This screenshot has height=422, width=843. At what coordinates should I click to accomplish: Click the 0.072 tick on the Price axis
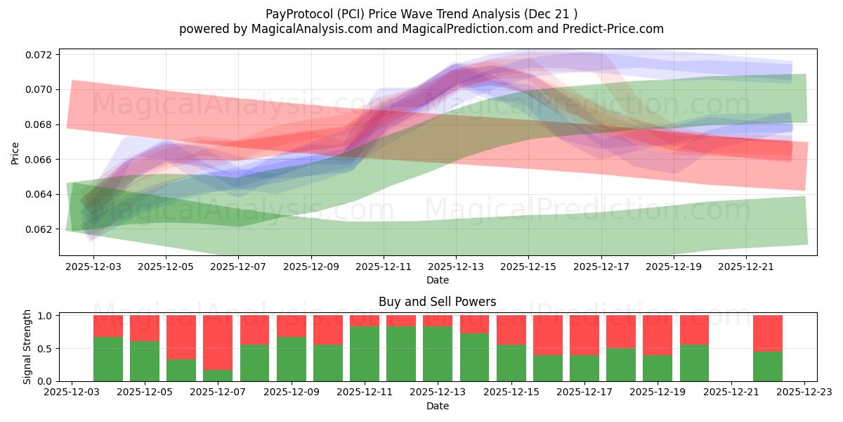(x=41, y=55)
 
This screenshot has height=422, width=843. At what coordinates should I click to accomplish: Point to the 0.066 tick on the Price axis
(x=41, y=160)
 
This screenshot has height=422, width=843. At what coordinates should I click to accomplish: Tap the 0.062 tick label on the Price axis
(x=41, y=229)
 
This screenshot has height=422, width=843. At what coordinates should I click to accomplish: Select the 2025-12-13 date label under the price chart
(x=456, y=267)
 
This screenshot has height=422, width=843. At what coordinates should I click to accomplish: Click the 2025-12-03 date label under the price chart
(x=94, y=267)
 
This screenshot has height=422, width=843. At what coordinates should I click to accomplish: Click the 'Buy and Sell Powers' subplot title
(x=437, y=302)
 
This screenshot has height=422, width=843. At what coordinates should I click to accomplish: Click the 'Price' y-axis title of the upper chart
(x=16, y=153)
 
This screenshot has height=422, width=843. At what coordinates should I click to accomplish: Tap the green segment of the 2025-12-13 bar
(x=437, y=354)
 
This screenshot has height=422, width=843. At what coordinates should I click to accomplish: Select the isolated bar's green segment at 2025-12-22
(x=767, y=366)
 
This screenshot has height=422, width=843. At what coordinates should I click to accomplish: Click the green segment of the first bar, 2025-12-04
(x=108, y=359)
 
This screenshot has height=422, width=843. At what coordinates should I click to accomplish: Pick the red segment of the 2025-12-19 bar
(x=658, y=335)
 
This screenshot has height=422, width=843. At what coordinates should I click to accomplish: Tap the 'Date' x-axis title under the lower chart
(x=437, y=406)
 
